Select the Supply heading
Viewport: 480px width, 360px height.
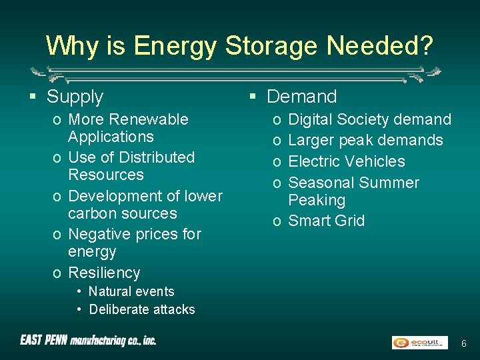coord(75,97)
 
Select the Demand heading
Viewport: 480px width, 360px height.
coord(301,97)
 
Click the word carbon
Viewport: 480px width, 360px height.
coord(93,213)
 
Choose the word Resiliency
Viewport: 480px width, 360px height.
coord(104,273)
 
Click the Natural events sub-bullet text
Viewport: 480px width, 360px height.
coord(131,291)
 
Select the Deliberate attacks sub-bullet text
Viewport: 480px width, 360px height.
coord(141,309)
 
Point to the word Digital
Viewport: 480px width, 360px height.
coord(310,119)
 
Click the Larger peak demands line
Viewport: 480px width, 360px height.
coord(365,140)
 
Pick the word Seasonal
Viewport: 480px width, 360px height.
coord(321,183)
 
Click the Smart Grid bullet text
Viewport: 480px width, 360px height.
coord(326,221)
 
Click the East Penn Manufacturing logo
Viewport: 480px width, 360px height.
coord(88,341)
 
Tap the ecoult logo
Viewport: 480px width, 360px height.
coord(419,342)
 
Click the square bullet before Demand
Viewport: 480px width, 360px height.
coord(253,97)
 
